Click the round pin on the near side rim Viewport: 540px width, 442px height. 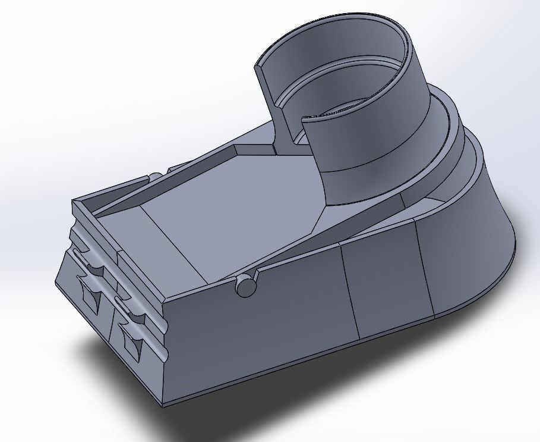(246, 286)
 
